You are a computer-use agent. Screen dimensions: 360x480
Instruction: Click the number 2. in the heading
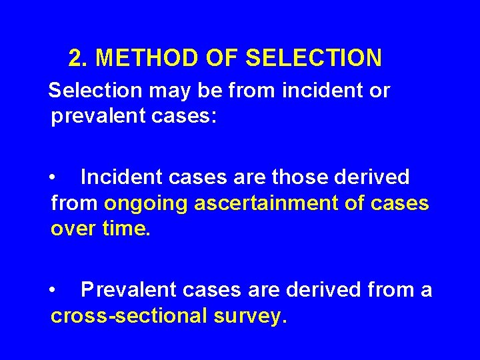click(79, 59)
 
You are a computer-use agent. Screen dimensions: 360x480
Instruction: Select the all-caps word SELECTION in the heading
click(313, 59)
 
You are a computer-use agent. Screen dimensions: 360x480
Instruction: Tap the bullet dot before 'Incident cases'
click(53, 178)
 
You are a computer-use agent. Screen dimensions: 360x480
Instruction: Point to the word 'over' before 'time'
click(73, 230)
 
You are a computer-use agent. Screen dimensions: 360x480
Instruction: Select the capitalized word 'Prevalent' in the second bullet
click(127, 291)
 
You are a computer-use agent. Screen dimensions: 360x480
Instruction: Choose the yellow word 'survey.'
click(251, 317)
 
